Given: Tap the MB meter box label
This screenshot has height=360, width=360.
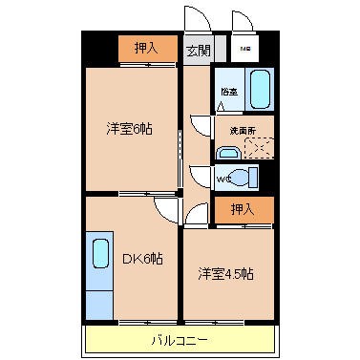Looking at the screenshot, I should pyautogui.click(x=244, y=49).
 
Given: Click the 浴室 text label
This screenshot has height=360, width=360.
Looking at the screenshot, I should pyautogui.click(x=229, y=92).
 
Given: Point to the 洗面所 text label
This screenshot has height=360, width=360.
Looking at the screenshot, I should pyautogui.click(x=242, y=130).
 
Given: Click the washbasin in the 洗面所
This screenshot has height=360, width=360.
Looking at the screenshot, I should pyautogui.click(x=228, y=152).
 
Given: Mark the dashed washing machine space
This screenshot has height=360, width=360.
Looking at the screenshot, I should pyautogui.click(x=258, y=148).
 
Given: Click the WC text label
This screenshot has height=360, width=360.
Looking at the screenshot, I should pyautogui.click(x=222, y=178).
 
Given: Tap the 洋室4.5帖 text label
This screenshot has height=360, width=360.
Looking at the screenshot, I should pyautogui.click(x=226, y=274).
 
